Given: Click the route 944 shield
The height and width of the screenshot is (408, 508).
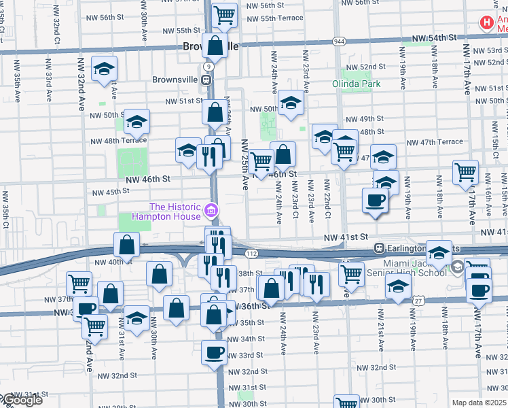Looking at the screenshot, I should click(339, 42).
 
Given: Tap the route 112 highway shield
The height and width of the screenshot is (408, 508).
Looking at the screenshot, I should click(251, 253).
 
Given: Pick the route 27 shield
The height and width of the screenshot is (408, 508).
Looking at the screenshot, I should click(419, 300).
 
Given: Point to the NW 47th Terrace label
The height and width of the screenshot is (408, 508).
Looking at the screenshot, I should click(435, 142).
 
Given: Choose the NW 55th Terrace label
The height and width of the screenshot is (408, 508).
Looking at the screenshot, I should click(271, 17).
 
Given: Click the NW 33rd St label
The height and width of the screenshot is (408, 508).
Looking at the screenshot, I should click(245, 355).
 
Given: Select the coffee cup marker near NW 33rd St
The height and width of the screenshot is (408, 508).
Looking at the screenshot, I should click(215, 353).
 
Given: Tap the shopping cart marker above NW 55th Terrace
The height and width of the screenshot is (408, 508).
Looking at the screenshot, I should click(224, 14).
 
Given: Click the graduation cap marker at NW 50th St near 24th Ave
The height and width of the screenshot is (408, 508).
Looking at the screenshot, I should click(291, 103).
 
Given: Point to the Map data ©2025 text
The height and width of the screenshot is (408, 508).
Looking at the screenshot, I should click(479, 403).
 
